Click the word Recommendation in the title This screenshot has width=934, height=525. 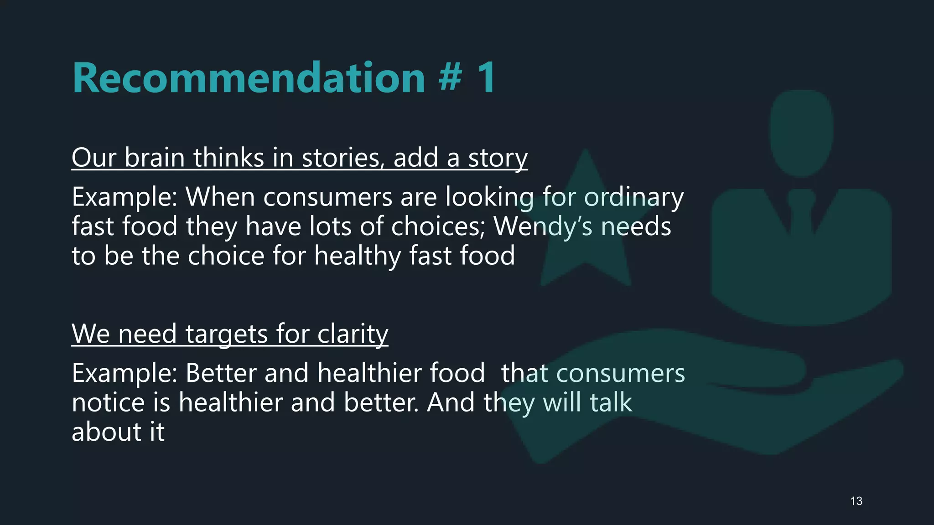(249, 78)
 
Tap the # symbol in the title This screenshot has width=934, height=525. (451, 78)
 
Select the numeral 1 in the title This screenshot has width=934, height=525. (487, 78)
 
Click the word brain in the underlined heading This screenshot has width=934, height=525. (155, 158)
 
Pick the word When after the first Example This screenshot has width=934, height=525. (220, 197)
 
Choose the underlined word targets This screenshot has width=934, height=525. (227, 335)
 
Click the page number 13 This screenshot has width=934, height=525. (856, 501)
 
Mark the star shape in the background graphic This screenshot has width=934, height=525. (586, 237)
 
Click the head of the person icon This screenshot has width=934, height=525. (802, 132)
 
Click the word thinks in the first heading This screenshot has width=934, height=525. (228, 158)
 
